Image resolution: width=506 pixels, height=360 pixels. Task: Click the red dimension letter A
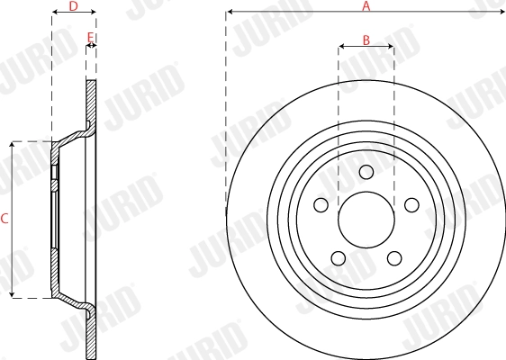tap(366, 5)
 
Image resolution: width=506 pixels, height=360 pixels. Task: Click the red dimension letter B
tap(366, 40)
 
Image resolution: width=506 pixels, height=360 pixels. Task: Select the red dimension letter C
tap(5, 219)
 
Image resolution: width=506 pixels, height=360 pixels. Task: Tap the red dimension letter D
tap(73, 5)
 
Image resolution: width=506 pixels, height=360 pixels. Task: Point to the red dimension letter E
tap(90, 37)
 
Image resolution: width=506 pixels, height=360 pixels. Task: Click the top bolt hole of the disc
tap(366, 173)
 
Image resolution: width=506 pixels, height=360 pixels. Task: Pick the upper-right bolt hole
tap(411, 205)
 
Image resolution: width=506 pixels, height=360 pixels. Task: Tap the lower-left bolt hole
tap(339, 258)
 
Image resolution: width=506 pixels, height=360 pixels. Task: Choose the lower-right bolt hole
tap(393, 258)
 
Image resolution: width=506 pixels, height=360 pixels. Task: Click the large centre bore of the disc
tap(366, 220)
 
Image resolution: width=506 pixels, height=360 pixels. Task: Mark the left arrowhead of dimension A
tap(229, 12)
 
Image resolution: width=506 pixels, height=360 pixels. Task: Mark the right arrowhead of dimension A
tap(503, 12)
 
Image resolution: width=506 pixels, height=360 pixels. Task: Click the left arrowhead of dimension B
tap(340, 46)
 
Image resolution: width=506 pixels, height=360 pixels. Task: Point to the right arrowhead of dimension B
tap(392, 46)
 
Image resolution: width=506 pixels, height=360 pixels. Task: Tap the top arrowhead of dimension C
tap(12, 143)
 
